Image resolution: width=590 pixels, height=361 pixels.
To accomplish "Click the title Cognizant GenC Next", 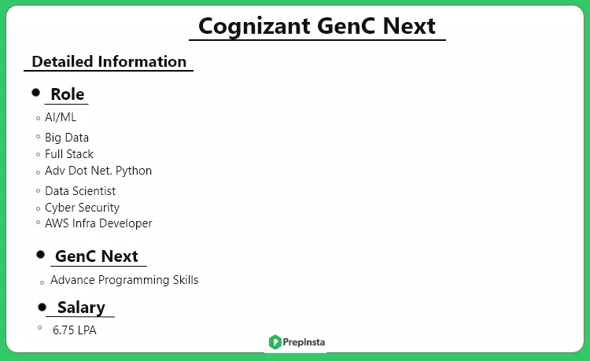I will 317,25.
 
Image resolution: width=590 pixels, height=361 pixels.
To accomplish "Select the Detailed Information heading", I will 109,61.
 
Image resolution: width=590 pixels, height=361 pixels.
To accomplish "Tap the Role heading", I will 68,94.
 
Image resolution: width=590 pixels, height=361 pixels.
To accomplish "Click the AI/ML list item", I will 61,117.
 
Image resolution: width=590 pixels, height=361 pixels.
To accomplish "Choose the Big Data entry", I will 67,138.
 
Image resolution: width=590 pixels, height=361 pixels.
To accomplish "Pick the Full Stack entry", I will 69,154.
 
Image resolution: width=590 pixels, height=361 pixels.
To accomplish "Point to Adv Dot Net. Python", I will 98,171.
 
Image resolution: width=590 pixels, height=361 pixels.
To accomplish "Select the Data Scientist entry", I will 80,191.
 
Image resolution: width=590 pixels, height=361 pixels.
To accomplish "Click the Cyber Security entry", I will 82,208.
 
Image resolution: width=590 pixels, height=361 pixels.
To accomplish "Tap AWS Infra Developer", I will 98,223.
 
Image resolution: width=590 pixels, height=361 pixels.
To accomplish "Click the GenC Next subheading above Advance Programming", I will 97,256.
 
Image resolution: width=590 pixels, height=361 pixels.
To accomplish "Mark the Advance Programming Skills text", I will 124,280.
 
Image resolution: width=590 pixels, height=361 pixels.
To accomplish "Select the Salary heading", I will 81,308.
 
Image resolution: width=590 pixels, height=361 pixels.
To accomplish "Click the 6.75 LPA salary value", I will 75,330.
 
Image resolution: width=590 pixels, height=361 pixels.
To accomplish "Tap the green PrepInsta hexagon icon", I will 275,342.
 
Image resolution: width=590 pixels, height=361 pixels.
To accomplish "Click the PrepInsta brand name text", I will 305,342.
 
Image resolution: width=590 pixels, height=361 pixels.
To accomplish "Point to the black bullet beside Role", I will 35,93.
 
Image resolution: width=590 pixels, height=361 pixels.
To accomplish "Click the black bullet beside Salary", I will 42,307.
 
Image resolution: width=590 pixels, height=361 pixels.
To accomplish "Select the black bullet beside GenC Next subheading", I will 40,255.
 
